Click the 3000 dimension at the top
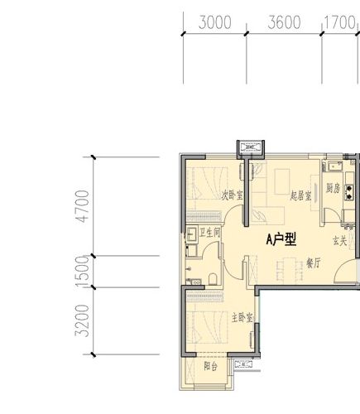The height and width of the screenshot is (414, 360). tap(215, 23)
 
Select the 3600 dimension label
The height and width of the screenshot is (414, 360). tap(284, 23)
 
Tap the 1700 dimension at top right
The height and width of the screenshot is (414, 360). tap(339, 23)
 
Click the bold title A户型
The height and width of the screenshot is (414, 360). tap(281, 240)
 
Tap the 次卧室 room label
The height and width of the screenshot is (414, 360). tap(233, 219)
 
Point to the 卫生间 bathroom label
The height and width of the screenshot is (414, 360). tap(210, 233)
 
